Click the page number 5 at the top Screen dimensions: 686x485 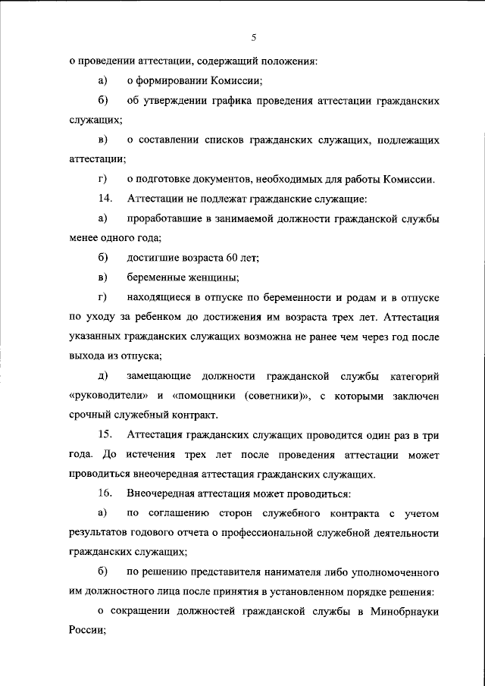point(254,37)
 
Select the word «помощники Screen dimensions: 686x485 point(207,396)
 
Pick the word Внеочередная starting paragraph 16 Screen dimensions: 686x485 point(168,494)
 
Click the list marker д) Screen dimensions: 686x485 point(103,376)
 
